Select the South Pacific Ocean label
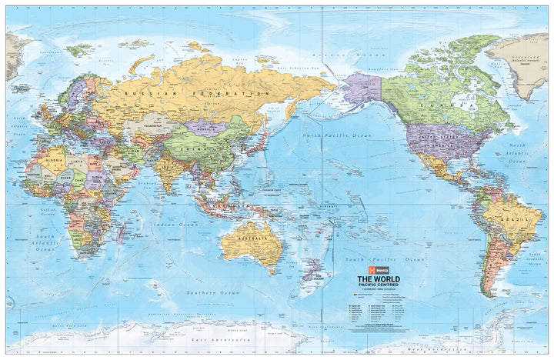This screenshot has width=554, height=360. (x=392, y=262)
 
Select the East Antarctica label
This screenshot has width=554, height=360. (x=211, y=338)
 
